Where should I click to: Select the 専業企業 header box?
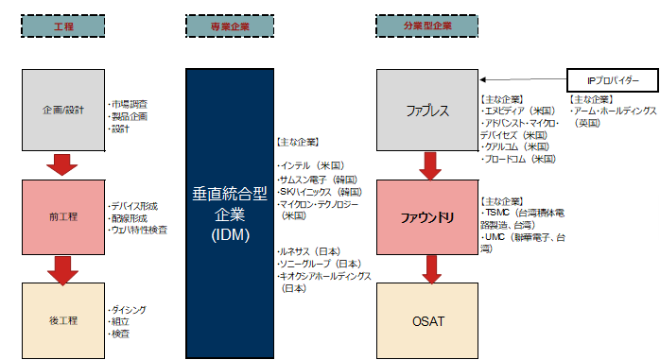(224, 25)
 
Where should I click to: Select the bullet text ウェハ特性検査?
(138, 230)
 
